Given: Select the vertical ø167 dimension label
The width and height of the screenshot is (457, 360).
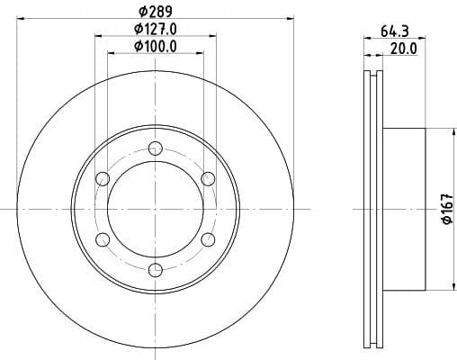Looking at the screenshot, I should click(x=444, y=209).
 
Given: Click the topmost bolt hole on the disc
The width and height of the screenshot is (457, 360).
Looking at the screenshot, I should click(x=155, y=148).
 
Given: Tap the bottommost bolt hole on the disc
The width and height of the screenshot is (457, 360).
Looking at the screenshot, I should click(x=155, y=268).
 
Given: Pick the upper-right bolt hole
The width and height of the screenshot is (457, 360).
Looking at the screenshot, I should click(x=207, y=178).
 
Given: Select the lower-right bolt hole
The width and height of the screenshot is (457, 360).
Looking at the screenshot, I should click(x=207, y=238).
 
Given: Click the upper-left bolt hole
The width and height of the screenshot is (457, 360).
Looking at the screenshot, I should click(x=103, y=178).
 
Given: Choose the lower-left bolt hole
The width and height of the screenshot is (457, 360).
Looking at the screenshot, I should click(x=103, y=238).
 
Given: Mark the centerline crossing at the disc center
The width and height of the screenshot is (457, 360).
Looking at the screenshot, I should click(x=155, y=209).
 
